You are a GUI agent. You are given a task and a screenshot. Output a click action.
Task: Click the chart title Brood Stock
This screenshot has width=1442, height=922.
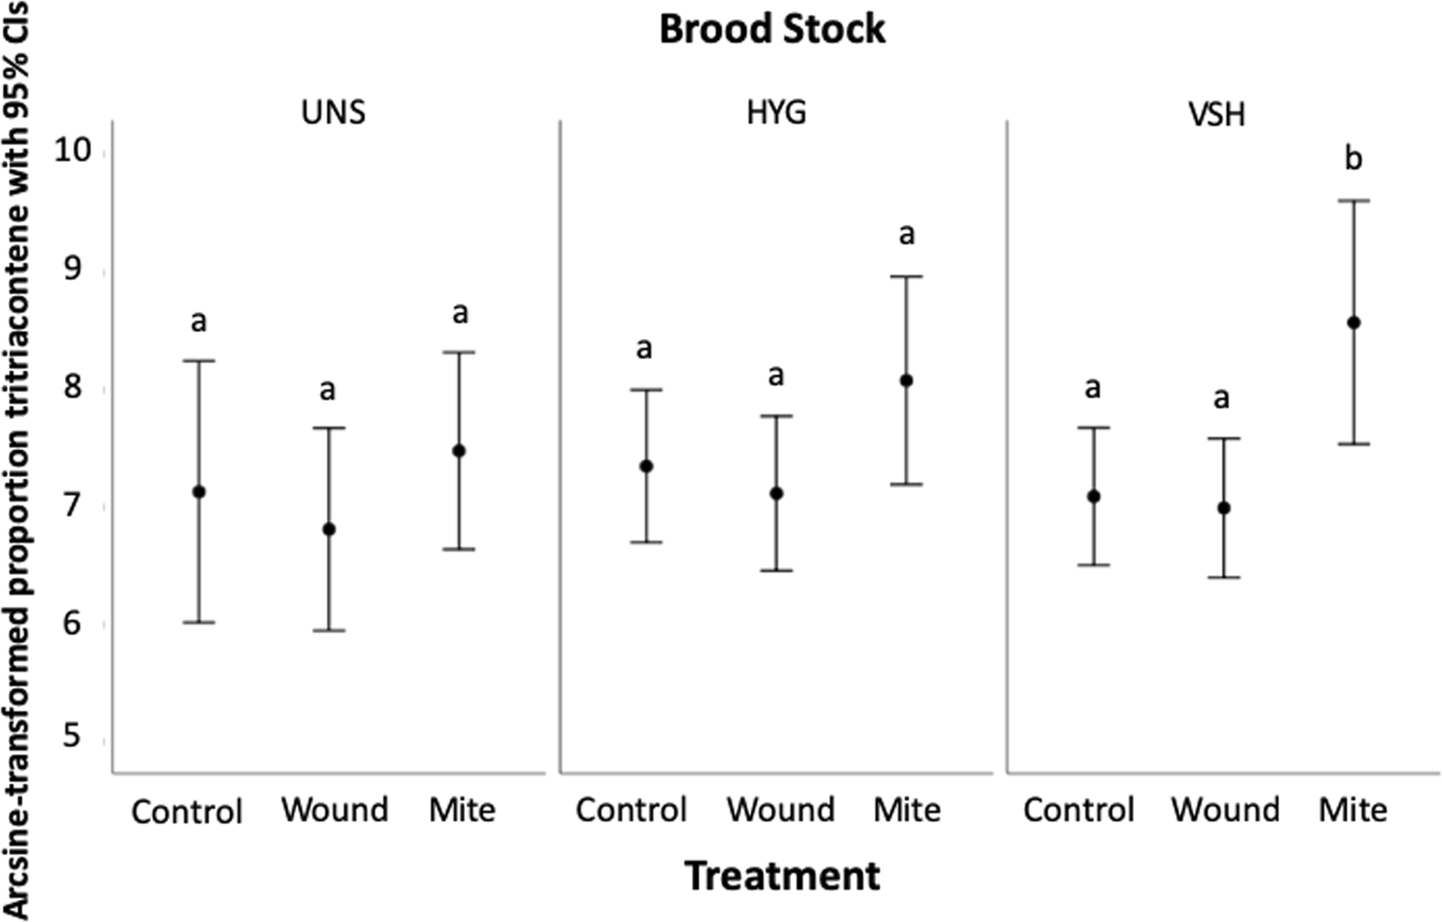(x=772, y=29)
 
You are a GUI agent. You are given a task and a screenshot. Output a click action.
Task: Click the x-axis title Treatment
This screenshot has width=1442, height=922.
(x=781, y=876)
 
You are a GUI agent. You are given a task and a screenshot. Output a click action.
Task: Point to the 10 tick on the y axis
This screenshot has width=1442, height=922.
(x=73, y=151)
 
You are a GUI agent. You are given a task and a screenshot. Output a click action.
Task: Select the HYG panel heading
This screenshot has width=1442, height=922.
(x=776, y=113)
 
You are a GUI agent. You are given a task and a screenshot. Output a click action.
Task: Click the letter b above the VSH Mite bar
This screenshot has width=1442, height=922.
(x=1354, y=159)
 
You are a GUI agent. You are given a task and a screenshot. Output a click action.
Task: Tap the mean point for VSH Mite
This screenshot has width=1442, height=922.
(x=1354, y=323)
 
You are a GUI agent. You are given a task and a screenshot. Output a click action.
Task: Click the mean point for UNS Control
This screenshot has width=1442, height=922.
(x=199, y=492)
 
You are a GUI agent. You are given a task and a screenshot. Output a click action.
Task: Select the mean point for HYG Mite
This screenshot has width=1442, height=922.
(x=907, y=381)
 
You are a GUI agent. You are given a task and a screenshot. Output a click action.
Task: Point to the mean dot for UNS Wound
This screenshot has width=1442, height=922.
(x=329, y=530)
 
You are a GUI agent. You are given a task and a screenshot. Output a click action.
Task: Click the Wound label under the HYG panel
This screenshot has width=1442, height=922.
(x=780, y=810)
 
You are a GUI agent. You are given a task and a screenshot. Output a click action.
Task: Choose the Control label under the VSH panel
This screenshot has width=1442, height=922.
(x=1078, y=810)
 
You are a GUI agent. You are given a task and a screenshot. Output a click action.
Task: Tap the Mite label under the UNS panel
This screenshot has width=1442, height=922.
(x=462, y=810)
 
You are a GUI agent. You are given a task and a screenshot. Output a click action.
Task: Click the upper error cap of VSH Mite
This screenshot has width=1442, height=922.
(x=1354, y=201)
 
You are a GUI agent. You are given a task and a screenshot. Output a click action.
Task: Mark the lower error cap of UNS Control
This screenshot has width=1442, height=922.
(x=199, y=623)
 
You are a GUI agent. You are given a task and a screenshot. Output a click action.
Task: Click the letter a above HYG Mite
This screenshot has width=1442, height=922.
(x=907, y=235)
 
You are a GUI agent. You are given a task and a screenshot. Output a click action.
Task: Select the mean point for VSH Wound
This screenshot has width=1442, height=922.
(x=1224, y=508)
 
